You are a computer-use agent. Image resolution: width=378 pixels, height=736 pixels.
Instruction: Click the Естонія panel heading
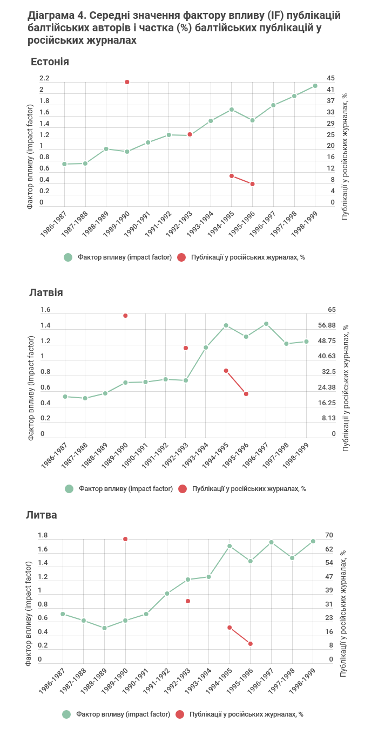50,62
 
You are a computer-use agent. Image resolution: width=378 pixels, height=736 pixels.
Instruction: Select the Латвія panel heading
46,292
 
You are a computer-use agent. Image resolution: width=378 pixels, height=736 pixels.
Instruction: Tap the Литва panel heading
42,515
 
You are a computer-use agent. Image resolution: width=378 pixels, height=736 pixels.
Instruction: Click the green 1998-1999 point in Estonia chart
315,86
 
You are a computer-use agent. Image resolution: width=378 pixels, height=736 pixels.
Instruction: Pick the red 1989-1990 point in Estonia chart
127,82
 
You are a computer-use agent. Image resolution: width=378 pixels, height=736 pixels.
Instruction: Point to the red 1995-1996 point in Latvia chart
246,394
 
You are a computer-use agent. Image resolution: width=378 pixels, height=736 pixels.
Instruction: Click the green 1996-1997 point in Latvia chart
266,324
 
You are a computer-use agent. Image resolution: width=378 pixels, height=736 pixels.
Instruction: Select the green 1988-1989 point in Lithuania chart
105,628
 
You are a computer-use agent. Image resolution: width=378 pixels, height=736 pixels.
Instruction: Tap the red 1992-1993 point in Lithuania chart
188,601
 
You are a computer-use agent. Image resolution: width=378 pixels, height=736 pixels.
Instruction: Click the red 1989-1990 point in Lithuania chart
125,539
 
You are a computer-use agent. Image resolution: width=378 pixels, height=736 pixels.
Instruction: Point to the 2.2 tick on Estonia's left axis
44,78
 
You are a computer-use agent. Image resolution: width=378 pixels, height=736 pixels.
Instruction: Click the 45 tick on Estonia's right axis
330,78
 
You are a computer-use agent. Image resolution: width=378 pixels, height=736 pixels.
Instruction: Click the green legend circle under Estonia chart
68,257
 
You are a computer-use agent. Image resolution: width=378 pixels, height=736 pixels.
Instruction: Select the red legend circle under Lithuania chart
180,714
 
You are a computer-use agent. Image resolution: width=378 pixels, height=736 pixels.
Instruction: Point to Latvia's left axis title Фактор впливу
31,387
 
